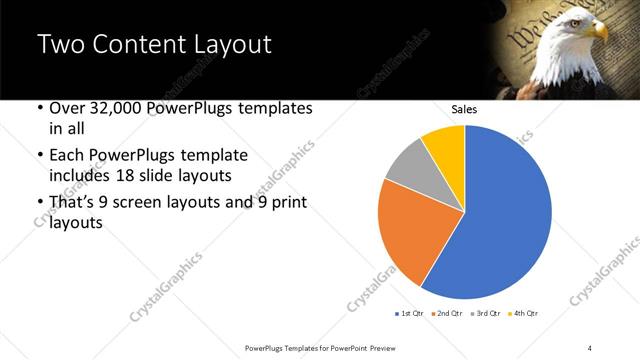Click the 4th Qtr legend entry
click(x=525, y=313)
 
